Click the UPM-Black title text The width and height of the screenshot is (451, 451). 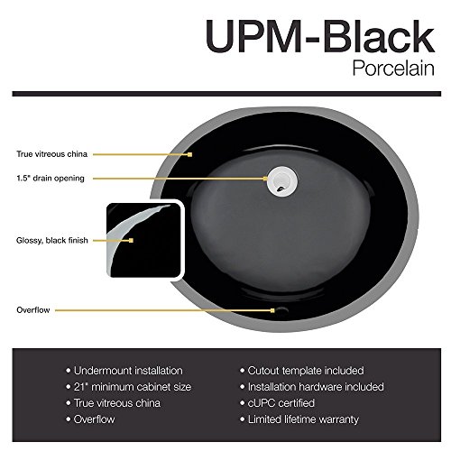(320, 36)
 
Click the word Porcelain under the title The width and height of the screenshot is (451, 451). (393, 69)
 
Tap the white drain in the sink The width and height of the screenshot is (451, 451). (282, 181)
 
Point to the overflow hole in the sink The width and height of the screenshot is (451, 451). (281, 309)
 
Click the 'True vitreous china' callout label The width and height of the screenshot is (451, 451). (52, 154)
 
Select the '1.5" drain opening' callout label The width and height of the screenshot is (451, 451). (51, 179)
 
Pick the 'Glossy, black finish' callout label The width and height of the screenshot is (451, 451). (52, 240)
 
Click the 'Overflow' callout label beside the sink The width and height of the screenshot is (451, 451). (33, 310)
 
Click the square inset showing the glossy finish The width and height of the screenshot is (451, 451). (145, 240)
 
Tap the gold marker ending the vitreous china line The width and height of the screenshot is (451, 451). (189, 154)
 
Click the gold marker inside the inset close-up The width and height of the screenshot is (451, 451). (131, 240)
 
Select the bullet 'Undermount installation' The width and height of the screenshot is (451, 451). (124, 371)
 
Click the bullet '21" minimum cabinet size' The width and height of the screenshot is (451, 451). (129, 387)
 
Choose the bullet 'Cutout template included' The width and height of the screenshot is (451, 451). (302, 371)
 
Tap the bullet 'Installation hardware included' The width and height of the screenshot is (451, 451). (312, 387)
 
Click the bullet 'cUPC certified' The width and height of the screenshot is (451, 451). (277, 403)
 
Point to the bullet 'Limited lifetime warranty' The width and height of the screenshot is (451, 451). (299, 419)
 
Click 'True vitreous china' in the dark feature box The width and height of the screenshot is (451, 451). (114, 403)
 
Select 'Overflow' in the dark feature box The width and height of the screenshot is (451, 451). (90, 419)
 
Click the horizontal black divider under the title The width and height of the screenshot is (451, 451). (226, 94)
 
